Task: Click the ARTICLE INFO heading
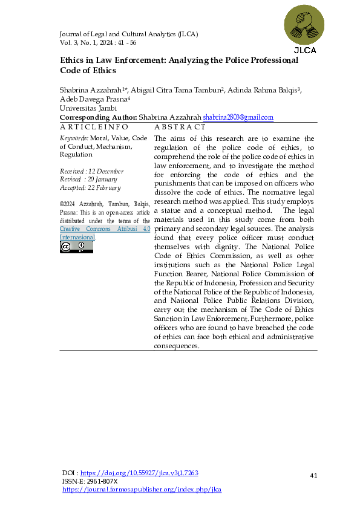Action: point(94,127)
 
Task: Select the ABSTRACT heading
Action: point(180,127)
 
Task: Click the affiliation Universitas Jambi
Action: point(84,108)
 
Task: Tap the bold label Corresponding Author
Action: point(98,117)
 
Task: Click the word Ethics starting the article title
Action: point(73,60)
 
